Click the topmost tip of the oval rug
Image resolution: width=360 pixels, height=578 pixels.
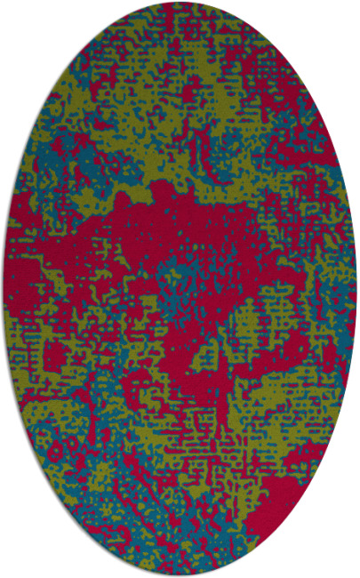pyautogui.click(x=180, y=3)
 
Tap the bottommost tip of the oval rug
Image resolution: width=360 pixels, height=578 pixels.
pyautogui.click(x=180, y=575)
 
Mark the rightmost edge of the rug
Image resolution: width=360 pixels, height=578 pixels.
pyautogui.click(x=356, y=289)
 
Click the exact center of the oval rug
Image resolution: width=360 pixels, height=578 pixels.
pyautogui.click(x=180, y=289)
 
